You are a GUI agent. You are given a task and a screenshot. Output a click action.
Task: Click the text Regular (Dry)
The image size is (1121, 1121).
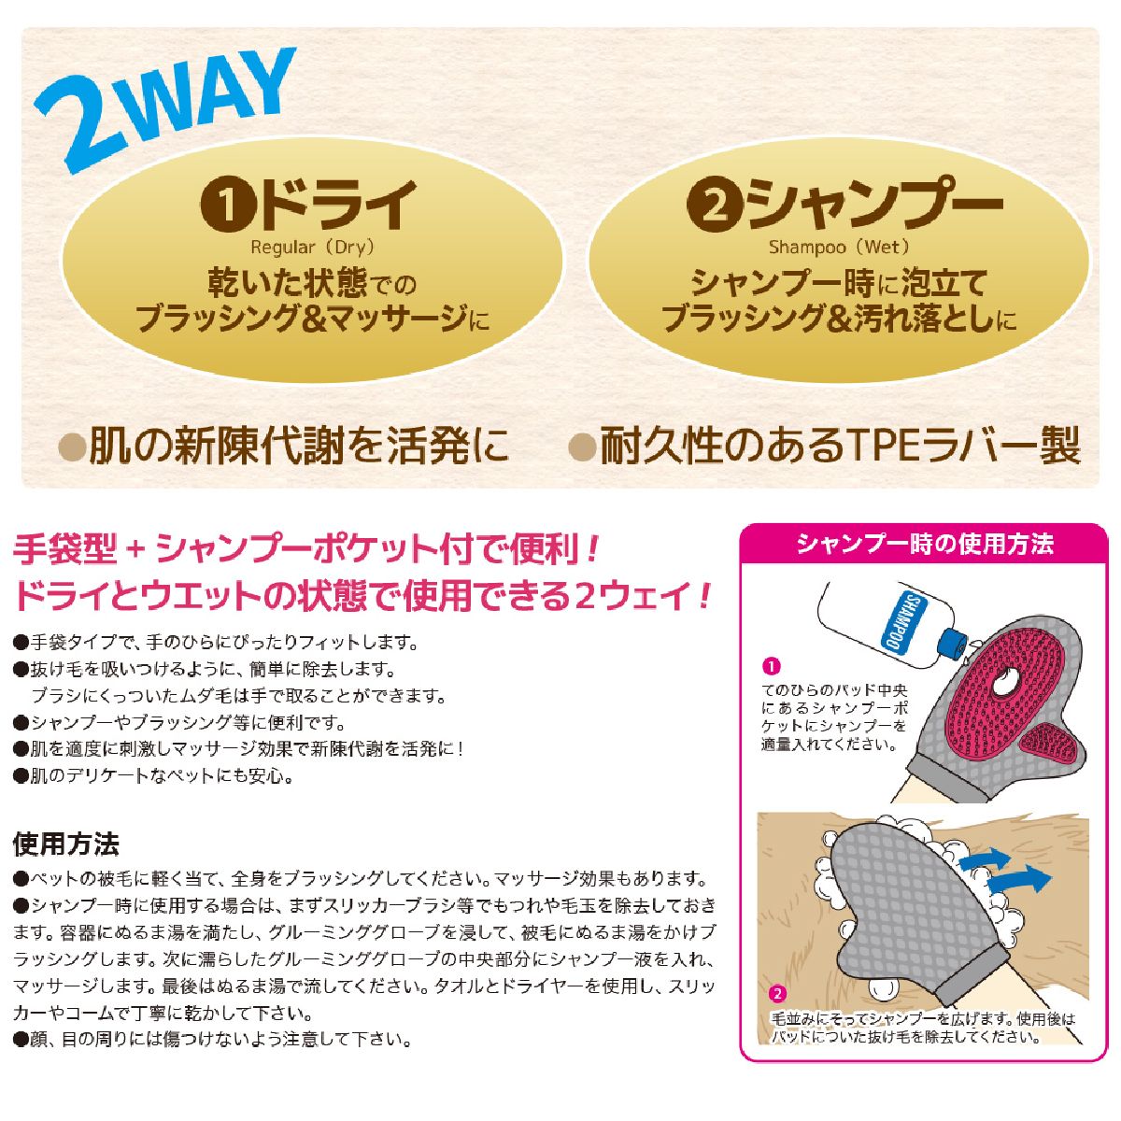coord(312,248)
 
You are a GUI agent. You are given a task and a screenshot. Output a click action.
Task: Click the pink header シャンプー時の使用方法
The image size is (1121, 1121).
coord(924,544)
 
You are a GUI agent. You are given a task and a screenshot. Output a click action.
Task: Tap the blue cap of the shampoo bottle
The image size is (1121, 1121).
coord(954,644)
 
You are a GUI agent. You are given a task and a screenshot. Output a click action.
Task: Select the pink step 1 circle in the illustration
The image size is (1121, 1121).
coord(771,666)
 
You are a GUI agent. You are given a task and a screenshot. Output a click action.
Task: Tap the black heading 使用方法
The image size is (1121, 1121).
coord(66,844)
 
